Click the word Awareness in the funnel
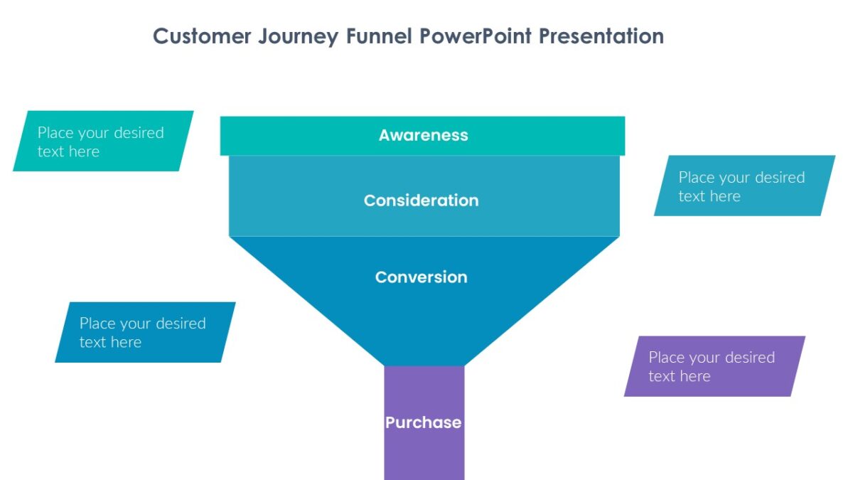tap(423, 135)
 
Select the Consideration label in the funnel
tap(421, 201)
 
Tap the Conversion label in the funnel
tap(421, 277)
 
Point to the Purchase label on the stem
tap(423, 422)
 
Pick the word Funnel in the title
tap(379, 36)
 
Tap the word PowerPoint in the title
tap(476, 36)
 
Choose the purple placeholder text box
tap(714, 366)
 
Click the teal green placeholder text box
tap(103, 141)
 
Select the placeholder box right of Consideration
tap(744, 186)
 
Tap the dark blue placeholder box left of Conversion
tap(145, 332)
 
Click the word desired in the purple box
tap(746, 358)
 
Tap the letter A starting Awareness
tap(385, 135)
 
